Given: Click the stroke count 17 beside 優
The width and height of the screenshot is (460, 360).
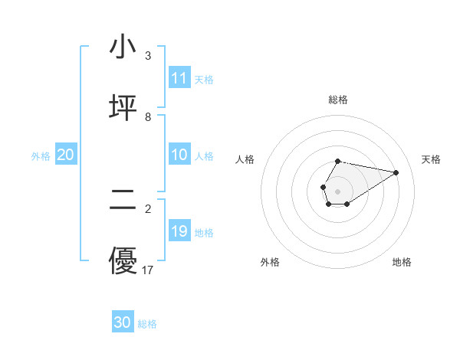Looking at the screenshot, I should click(149, 270).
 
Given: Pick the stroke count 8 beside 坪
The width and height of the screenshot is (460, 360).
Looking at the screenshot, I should click(148, 117).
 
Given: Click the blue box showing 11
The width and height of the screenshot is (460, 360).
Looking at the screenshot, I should click(179, 78).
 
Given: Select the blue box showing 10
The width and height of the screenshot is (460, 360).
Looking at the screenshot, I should click(179, 155).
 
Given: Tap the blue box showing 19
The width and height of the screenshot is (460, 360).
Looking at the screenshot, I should click(179, 231).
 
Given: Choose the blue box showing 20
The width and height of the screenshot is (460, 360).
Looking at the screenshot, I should click(66, 155).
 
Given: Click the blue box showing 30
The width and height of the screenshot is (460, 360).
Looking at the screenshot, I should click(123, 322).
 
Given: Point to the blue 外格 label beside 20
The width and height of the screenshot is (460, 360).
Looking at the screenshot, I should click(41, 155).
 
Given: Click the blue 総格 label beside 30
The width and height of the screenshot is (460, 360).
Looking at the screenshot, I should click(147, 323).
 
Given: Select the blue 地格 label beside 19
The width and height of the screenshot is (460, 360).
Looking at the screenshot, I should click(204, 232).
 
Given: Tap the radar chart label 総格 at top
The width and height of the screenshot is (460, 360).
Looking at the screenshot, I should click(338, 100).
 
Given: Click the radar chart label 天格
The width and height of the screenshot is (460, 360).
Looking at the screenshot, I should click(432, 159).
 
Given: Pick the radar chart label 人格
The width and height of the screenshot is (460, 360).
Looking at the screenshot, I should click(245, 159).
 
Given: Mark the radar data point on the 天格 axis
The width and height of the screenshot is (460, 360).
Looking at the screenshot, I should click(396, 172).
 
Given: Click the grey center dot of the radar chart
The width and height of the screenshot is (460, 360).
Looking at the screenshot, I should click(337, 190).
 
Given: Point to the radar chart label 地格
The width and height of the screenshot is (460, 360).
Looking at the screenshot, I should click(402, 262).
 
